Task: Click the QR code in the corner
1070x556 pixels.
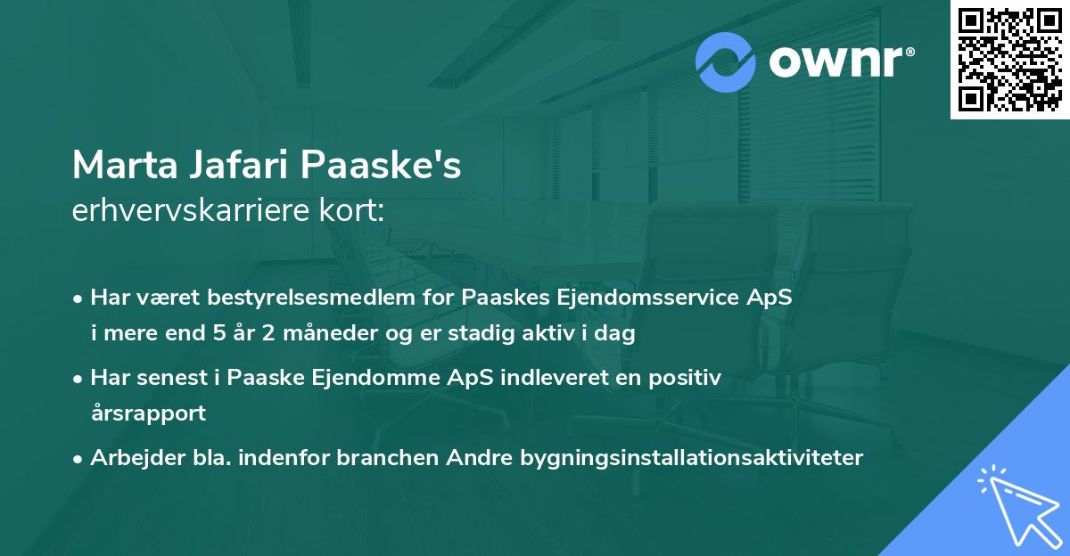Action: click(x=1010, y=60)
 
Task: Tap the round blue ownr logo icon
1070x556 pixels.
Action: click(x=727, y=61)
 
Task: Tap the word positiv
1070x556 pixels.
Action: click(x=682, y=378)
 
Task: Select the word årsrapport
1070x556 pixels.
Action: click(x=148, y=413)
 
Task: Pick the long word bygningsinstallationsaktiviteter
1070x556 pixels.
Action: click(x=691, y=458)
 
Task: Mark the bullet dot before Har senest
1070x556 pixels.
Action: click(x=79, y=379)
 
